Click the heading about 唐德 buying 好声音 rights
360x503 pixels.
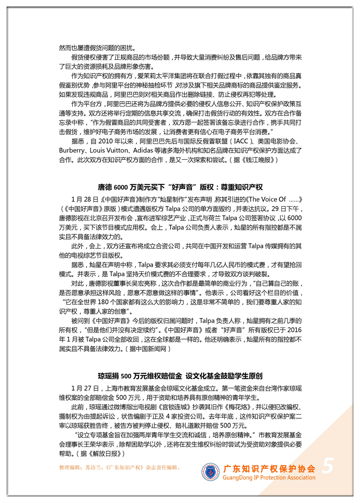pyautogui.click(x=180, y=187)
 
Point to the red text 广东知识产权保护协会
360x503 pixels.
pyautogui.click(x=269, y=468)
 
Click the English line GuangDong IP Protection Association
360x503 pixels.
pyautogui.click(x=269, y=478)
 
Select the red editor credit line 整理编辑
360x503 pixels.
pyautogui.click(x=120, y=468)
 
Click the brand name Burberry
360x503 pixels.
pyautogui.click(x=73, y=151)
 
